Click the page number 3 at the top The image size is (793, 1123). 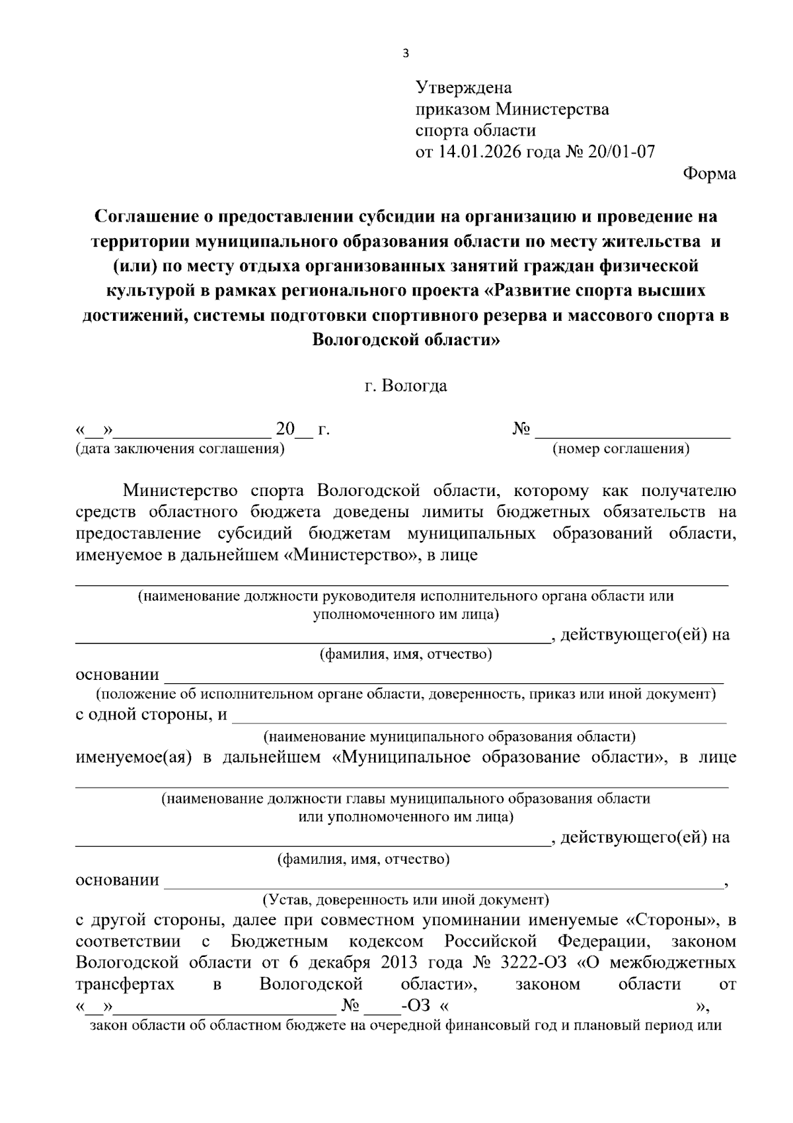(x=405, y=54)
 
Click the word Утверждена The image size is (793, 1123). (x=463, y=87)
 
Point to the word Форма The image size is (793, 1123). (x=709, y=174)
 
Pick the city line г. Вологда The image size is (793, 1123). (x=406, y=386)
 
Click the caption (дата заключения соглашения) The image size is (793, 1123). (x=180, y=449)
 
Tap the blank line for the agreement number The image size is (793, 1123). (x=632, y=433)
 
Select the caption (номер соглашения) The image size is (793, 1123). (x=621, y=449)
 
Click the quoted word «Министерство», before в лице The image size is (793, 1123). (x=352, y=555)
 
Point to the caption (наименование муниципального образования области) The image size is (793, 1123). (x=450, y=736)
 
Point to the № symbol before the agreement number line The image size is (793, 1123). (x=521, y=429)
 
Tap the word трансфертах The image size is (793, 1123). (x=125, y=983)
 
